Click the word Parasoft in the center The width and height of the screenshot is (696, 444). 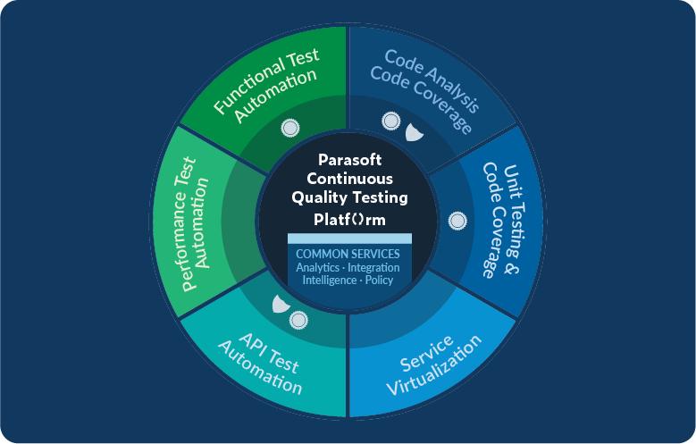(349, 160)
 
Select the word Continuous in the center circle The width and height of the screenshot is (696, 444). (349, 179)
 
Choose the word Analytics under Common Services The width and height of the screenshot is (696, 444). (318, 268)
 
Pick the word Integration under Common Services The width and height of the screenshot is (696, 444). (374, 268)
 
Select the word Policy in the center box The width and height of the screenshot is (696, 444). (379, 281)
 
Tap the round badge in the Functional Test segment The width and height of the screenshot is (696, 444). (290, 128)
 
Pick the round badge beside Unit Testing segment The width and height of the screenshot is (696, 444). (457, 220)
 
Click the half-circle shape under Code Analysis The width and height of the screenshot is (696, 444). (414, 133)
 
